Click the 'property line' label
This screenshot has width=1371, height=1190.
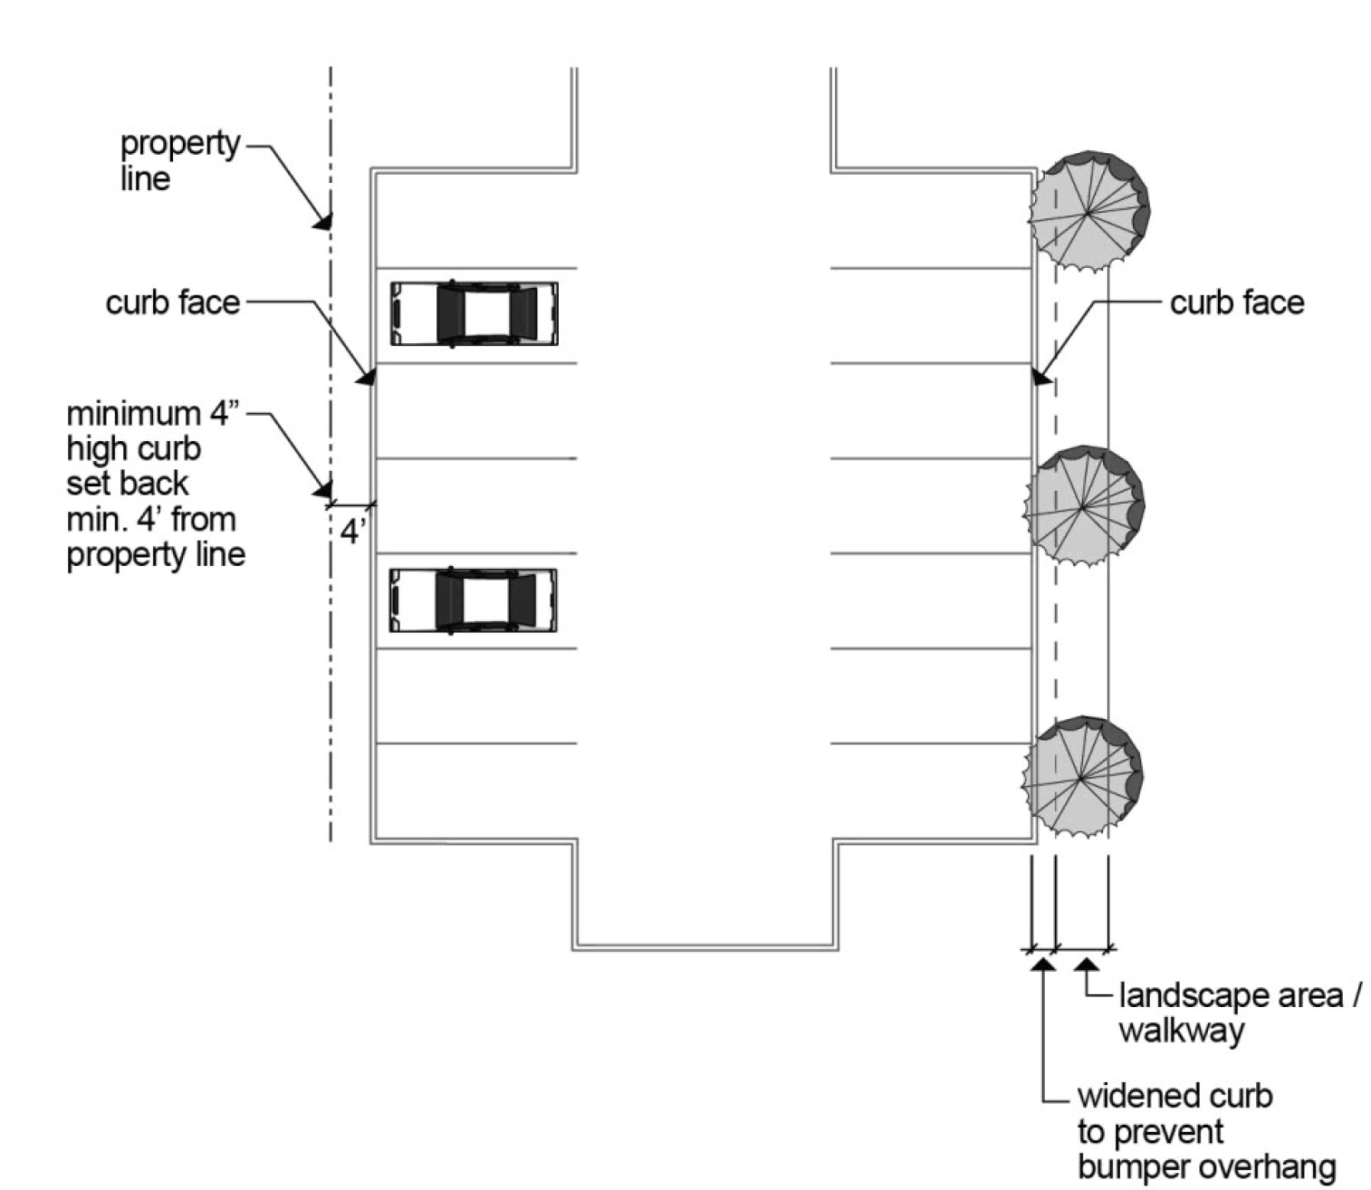(x=180, y=160)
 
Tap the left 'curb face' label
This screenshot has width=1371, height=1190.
(x=173, y=302)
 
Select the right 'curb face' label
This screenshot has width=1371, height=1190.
(x=1236, y=302)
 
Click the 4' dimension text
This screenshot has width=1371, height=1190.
(x=353, y=531)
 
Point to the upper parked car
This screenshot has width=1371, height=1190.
(x=474, y=313)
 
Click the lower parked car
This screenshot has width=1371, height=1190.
(x=473, y=600)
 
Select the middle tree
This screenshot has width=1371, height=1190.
(x=1083, y=505)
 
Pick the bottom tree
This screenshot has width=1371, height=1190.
(x=1081, y=776)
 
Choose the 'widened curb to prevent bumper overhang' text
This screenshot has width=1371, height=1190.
(x=1205, y=1132)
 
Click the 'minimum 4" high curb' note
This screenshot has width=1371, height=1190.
(x=154, y=484)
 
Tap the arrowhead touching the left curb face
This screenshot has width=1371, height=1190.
(x=366, y=377)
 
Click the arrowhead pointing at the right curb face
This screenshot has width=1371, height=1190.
(x=1042, y=377)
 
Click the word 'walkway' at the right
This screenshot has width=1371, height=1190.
(x=1182, y=1032)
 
